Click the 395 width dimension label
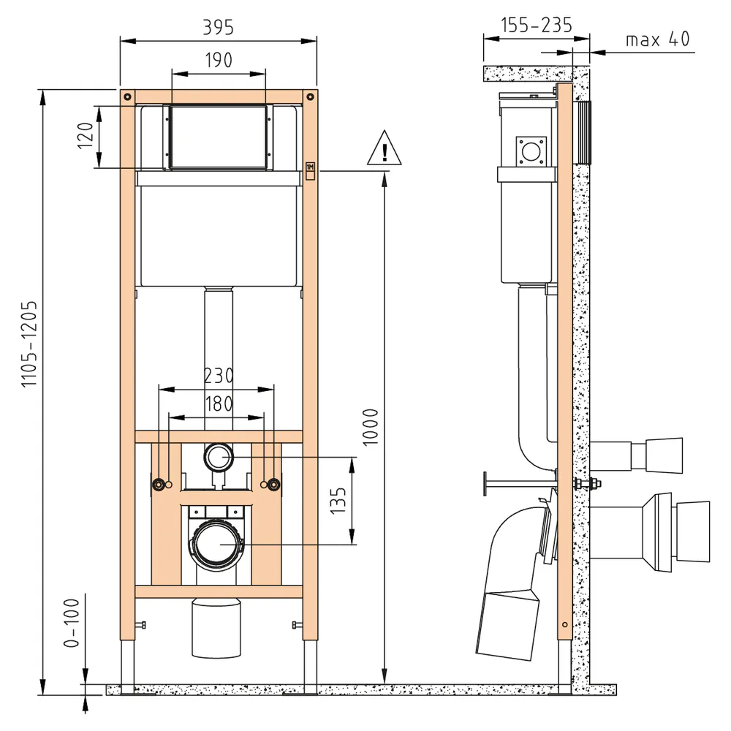218,28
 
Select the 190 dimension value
219,60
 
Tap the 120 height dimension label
86,135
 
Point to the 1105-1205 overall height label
29,343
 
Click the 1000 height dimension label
371,427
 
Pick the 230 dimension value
219,376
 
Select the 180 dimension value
219,404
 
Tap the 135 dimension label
338,500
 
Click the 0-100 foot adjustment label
72,624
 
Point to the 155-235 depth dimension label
537,25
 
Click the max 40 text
658,39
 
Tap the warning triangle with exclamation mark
385,148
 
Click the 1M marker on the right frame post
311,167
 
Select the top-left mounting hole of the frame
127,97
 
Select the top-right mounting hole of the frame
311,97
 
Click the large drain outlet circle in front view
218,544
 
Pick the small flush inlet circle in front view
218,457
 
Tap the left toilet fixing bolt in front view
159,485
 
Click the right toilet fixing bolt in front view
273,485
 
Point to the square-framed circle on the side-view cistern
531,151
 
